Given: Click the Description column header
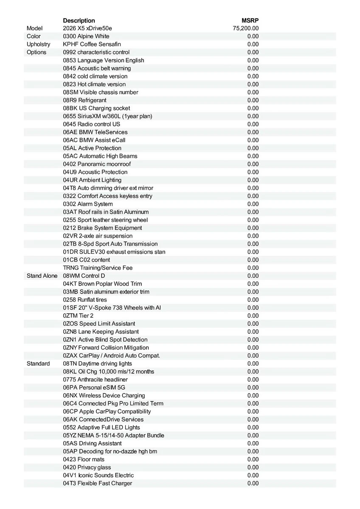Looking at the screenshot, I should pos(79,20).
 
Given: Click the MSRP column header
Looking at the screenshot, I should pos(250,20).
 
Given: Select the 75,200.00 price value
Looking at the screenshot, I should pos(246,28).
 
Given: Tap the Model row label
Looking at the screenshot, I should pos(35,28).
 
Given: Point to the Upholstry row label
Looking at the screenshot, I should pos(38,45).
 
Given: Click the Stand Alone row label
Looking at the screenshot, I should pos(42,276).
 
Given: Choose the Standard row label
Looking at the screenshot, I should pos(38,364).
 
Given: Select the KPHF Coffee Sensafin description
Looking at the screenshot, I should pos(92,45).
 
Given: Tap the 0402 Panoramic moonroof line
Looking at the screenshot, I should pos(97,164).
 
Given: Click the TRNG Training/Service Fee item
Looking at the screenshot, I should pos(98,268).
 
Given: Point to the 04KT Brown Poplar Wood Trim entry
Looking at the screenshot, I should pos(102,284).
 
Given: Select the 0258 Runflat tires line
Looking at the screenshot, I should pos(85,300).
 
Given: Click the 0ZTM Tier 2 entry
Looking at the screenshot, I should pos(78,316).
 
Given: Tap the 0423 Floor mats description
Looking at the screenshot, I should pos(84,459).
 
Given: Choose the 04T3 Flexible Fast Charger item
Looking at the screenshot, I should pos(98,484).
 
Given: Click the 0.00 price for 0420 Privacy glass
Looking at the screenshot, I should pos(253,467).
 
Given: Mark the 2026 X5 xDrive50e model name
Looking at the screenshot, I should pos(88,28).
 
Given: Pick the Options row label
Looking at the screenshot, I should pos(37,52).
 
